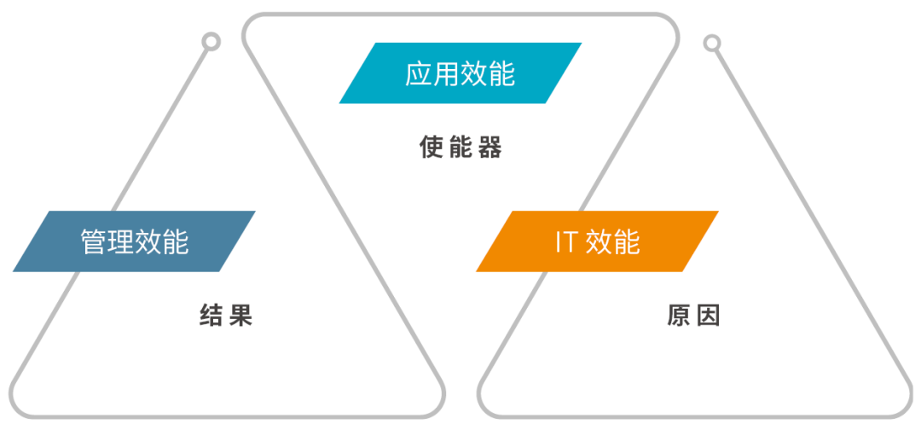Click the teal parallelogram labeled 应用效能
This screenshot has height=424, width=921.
tap(460, 73)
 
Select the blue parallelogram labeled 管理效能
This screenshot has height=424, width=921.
tap(134, 241)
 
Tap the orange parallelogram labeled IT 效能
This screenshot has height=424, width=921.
tap(597, 241)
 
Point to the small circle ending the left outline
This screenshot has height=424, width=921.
tap(211, 41)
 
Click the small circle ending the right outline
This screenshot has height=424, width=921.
tap(713, 43)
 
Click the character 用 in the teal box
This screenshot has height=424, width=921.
tap(446, 73)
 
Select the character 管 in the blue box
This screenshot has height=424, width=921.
tap(94, 242)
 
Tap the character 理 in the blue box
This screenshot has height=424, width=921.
tap(121, 242)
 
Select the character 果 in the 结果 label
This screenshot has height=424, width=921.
tap(240, 317)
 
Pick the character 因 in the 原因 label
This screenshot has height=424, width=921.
tap(708, 316)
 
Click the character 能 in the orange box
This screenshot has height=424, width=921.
tap(626, 242)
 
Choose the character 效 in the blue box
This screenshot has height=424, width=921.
tap(148, 242)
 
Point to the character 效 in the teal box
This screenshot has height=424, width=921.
tap(474, 73)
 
